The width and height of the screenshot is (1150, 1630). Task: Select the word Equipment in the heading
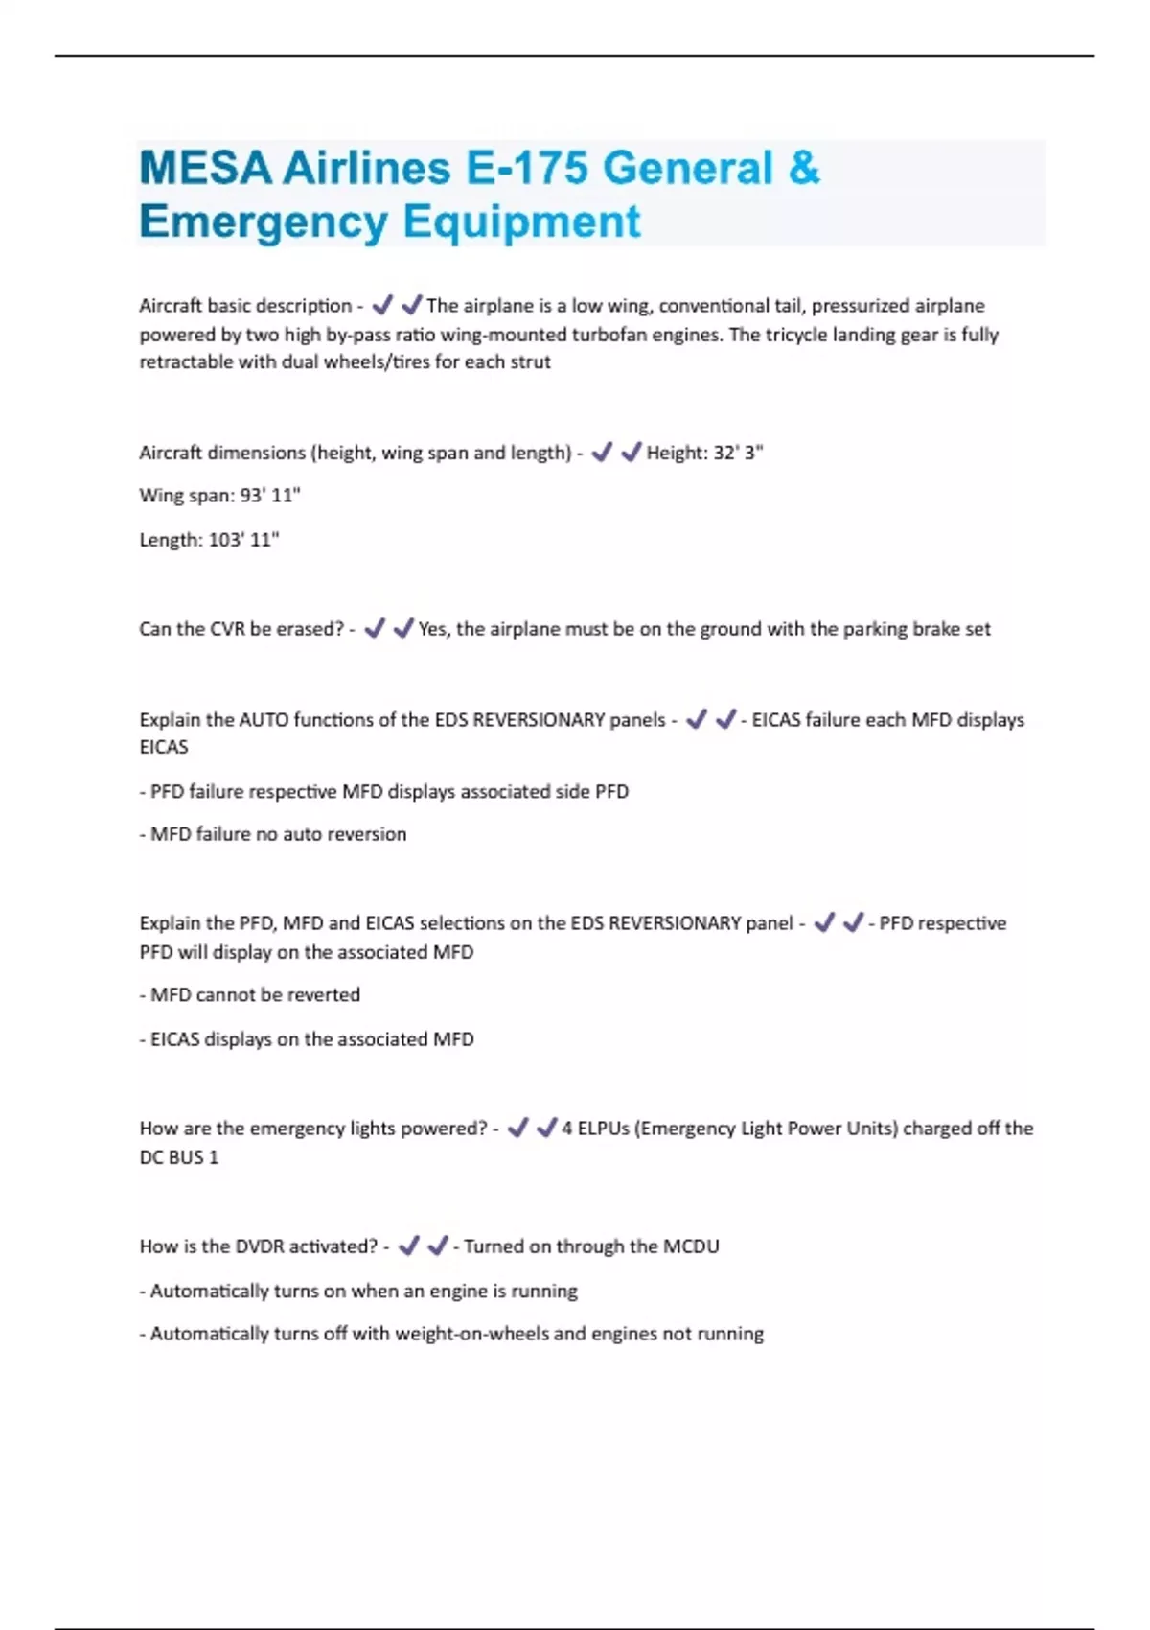(x=521, y=221)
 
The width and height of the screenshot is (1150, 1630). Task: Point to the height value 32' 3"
(x=737, y=453)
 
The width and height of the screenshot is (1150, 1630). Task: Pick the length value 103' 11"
(x=243, y=540)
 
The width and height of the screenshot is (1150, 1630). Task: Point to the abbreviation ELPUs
(x=603, y=1129)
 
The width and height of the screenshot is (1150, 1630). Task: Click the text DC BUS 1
(x=179, y=1157)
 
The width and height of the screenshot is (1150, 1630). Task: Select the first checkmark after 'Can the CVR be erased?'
(x=375, y=628)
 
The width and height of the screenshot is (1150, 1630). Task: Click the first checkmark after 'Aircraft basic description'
(x=382, y=305)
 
